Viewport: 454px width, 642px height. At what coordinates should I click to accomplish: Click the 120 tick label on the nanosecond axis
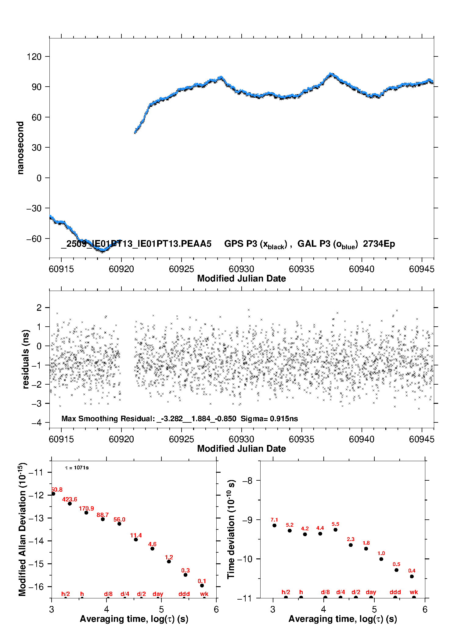pos(34,57)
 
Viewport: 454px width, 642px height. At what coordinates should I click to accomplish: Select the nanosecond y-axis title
pos(20,148)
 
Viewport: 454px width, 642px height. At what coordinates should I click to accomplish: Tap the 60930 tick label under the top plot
pos(241,269)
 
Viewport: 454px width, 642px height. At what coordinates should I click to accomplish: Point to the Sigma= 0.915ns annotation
pos(269,419)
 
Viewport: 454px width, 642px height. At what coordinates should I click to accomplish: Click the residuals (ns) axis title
pos(26,359)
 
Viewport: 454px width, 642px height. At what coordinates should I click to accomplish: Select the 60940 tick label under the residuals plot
pos(362,439)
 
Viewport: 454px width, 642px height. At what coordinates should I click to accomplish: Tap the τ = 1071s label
pos(77,468)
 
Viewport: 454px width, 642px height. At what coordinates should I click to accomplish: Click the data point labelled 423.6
pos(70,504)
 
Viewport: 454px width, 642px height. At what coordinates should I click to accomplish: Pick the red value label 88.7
pos(103,515)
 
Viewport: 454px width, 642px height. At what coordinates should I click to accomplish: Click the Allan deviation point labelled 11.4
pos(136,540)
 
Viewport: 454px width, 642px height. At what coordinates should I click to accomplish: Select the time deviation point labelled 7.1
pos(274,525)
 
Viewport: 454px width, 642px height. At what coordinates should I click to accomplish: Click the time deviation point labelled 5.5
pos(335,530)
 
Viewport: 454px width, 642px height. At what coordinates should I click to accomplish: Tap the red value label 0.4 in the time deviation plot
pos(412,571)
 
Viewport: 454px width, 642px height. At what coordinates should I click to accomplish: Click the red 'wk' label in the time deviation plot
pos(414,592)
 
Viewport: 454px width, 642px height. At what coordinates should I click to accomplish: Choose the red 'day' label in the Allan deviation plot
pos(158,594)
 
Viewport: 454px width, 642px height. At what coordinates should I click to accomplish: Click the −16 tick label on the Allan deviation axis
pos(36,587)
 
